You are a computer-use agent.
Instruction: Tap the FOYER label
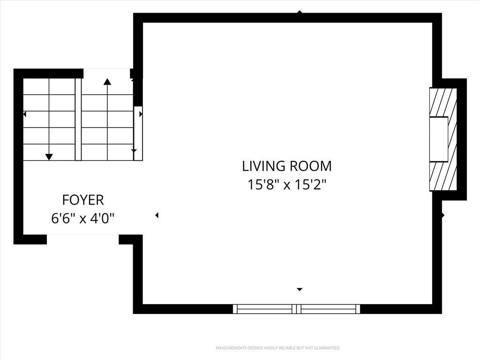83,200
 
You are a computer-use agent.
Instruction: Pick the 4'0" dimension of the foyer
103,218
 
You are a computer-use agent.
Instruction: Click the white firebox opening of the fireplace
439,139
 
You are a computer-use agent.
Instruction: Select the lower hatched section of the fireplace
443,176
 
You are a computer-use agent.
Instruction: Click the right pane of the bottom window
329,309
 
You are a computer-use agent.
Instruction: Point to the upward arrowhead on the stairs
107,82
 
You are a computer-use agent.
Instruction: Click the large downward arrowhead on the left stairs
49,157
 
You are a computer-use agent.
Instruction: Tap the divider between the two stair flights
78,120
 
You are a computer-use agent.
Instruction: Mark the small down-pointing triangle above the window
300,289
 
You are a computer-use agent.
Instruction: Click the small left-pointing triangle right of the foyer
157,216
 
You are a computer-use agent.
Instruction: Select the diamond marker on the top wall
300,12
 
